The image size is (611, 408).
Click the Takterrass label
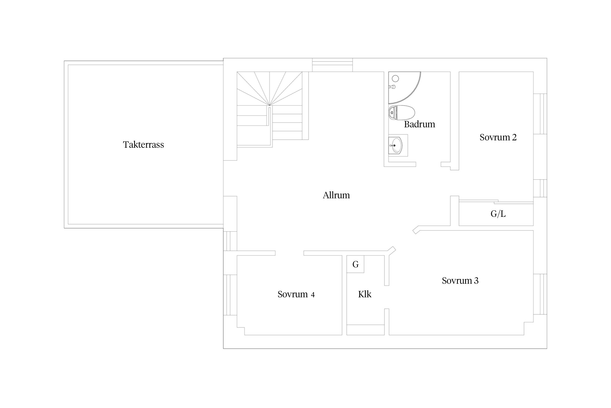[143, 144]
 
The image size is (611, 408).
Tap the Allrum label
[336, 195]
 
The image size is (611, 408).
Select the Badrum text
[420, 124]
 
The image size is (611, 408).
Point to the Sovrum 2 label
[498, 137]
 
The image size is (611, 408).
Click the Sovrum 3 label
[460, 280]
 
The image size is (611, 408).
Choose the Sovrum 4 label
[296, 294]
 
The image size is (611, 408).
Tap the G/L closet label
[498, 214]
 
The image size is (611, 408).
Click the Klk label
[365, 294]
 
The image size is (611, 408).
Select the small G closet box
[355, 264]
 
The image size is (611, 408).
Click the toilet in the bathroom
[402, 112]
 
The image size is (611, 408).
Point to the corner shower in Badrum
[404, 88]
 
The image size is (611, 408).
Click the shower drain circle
[395, 79]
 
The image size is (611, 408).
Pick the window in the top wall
[332, 65]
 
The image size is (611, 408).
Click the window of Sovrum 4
[230, 295]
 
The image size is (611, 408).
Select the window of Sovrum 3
[540, 294]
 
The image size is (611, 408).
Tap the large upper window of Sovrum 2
[540, 114]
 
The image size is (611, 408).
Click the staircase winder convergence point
[269, 105]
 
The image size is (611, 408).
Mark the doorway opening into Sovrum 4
[289, 253]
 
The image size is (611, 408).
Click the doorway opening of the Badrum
[428, 164]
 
